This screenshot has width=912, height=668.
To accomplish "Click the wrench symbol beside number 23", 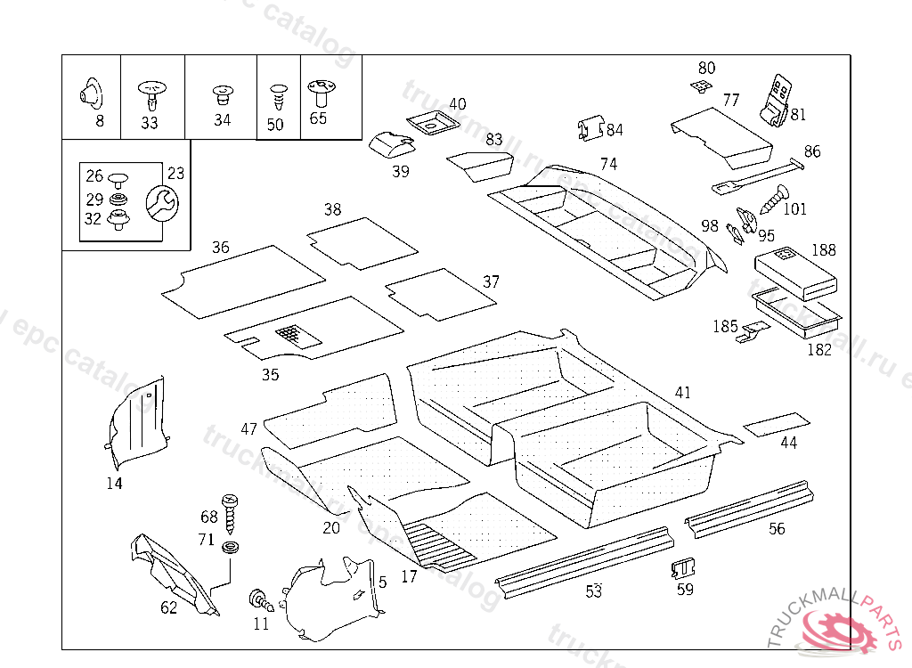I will (161, 203).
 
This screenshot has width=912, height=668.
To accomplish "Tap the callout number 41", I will (682, 392).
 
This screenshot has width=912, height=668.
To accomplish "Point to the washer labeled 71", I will (232, 547).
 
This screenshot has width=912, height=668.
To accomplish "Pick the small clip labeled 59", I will (683, 566).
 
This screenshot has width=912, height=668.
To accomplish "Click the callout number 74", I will (608, 164).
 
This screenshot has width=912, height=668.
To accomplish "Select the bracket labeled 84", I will (589, 128).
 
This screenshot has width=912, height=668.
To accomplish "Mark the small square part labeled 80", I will (703, 86).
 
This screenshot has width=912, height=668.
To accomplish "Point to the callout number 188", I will (823, 249).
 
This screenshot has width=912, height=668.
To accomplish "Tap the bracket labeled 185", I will (753, 331).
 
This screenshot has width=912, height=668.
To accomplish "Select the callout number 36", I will (220, 247).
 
